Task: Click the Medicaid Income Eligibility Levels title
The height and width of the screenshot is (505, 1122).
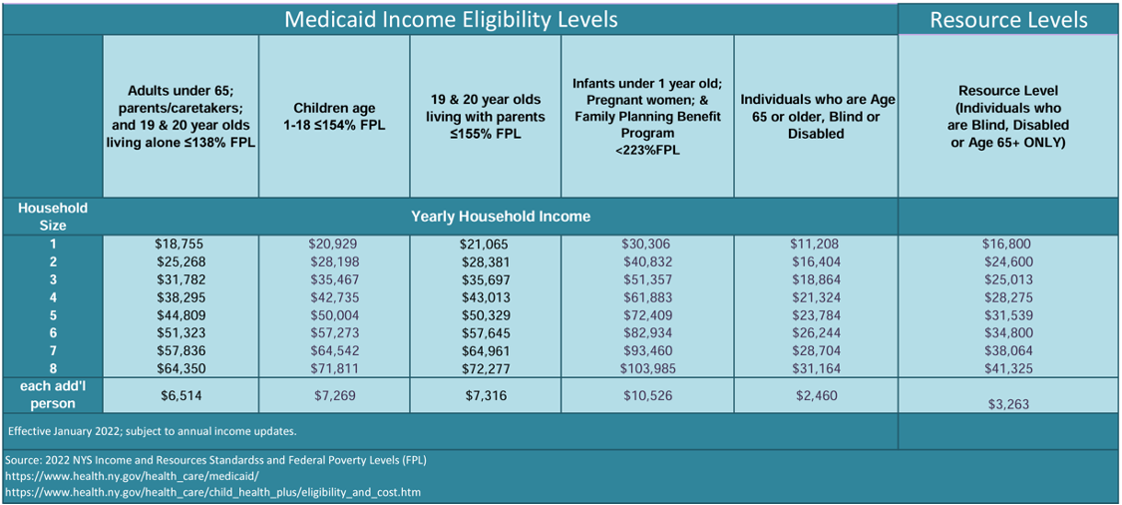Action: click(x=451, y=19)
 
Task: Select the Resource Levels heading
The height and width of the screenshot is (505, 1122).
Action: click(x=1008, y=20)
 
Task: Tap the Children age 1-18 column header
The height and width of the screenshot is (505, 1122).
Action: click(x=334, y=116)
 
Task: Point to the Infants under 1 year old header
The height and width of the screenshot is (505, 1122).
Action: click(x=646, y=116)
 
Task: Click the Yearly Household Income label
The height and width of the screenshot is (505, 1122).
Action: click(x=501, y=216)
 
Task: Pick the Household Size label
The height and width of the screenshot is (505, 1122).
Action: click(x=53, y=216)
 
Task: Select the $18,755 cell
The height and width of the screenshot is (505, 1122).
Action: click(x=180, y=244)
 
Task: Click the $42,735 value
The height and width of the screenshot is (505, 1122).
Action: click(x=334, y=297)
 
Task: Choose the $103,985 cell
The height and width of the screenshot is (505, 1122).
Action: click(x=646, y=368)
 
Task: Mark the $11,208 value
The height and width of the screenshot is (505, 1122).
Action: click(x=816, y=244)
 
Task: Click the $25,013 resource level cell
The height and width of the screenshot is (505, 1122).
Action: click(x=1007, y=279)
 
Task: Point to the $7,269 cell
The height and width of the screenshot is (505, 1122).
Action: click(x=334, y=396)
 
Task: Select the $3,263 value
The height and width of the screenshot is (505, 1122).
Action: click(x=1007, y=404)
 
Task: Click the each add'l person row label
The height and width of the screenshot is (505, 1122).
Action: click(x=53, y=395)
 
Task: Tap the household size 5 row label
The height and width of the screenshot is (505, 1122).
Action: click(x=53, y=315)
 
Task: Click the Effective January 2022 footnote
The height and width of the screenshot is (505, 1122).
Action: click(x=152, y=431)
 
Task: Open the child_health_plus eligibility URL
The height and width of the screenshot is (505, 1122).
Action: click(x=212, y=492)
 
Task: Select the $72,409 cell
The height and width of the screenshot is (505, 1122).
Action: click(x=646, y=315)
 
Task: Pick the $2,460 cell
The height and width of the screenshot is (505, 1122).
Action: click(x=816, y=396)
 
